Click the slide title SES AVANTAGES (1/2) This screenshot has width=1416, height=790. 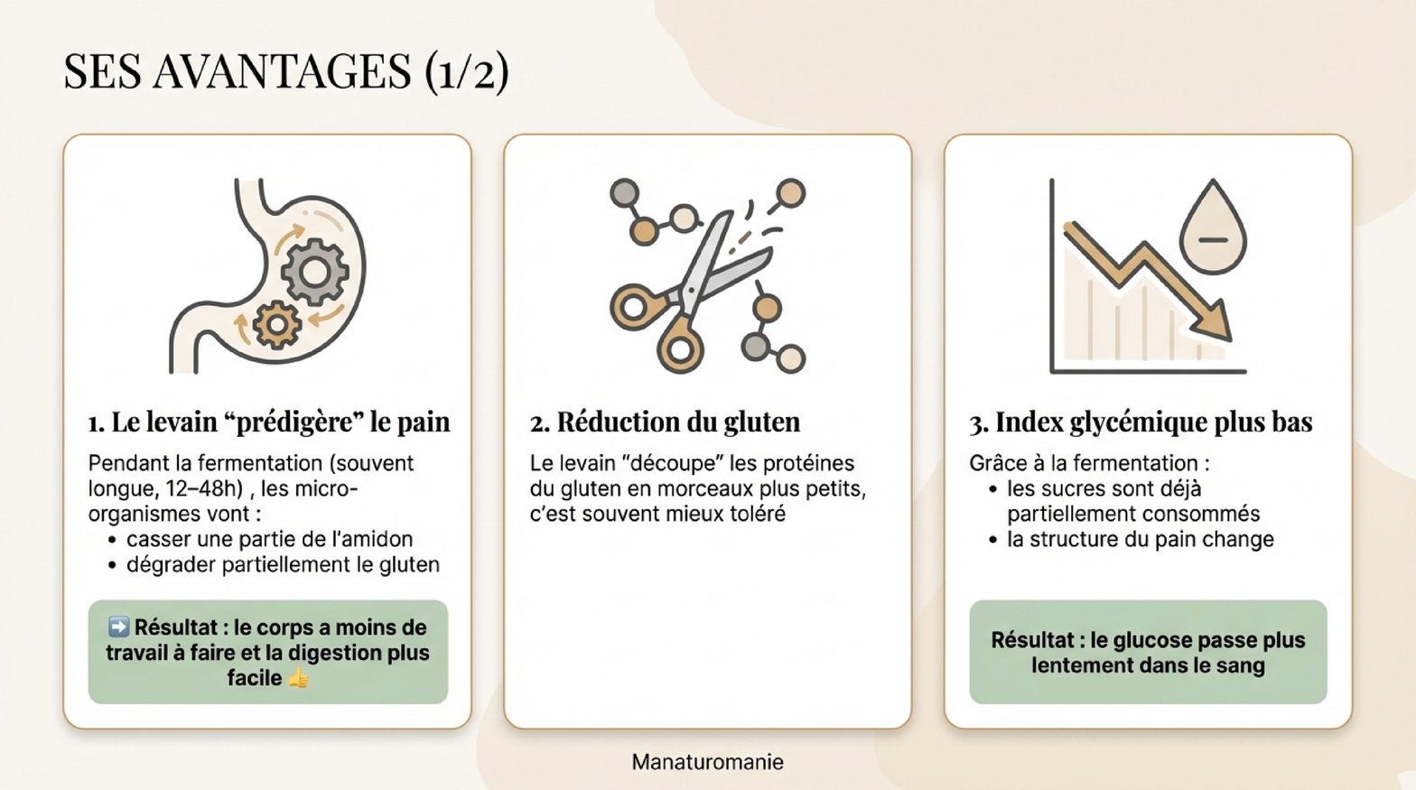tap(285, 71)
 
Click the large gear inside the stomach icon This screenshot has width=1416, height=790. tap(315, 272)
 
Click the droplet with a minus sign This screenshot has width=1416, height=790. tap(1213, 227)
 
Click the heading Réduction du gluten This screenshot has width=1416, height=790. tap(665, 423)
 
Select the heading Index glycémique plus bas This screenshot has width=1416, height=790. tap(1141, 423)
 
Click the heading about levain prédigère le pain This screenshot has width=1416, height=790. tap(269, 423)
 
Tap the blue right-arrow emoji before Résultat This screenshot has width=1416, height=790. tap(118, 627)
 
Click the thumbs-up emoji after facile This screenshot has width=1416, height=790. tap(298, 678)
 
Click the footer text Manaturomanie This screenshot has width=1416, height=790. tap(707, 762)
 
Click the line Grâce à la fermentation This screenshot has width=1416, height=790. tap(1089, 463)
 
